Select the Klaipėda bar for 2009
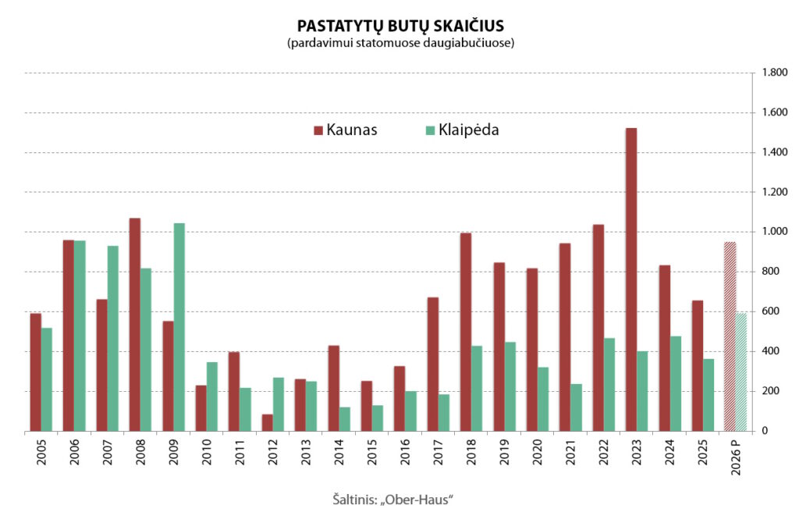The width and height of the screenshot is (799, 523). [179, 327]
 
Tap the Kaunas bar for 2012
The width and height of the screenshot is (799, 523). [267, 422]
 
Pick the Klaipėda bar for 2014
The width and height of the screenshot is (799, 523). [344, 418]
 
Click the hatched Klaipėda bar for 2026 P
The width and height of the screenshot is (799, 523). [741, 372]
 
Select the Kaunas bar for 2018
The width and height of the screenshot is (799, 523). [466, 332]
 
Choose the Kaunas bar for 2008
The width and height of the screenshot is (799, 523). [135, 324]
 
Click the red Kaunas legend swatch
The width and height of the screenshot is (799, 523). [318, 130]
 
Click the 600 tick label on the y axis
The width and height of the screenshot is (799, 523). [765, 311]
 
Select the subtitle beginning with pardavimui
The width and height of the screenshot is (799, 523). [399, 44]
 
